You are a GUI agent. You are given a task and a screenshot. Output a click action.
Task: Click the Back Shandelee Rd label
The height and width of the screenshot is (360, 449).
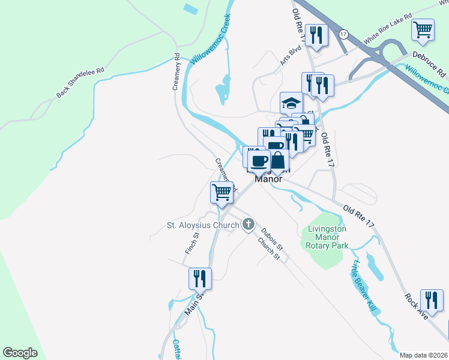click(80, 83)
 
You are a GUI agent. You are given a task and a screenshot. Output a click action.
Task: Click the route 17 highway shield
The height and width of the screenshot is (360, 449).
click(343, 34)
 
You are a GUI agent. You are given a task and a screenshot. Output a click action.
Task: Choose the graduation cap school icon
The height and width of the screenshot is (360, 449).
click(292, 103)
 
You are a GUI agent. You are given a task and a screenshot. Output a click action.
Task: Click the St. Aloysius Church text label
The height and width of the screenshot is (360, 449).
click(203, 226)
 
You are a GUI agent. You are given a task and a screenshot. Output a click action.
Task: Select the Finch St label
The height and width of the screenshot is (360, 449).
click(192, 244)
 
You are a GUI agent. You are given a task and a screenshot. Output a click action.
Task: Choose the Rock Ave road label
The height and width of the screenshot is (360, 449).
click(415, 306)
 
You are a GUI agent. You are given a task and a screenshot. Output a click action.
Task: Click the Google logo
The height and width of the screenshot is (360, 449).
click(20, 353)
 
